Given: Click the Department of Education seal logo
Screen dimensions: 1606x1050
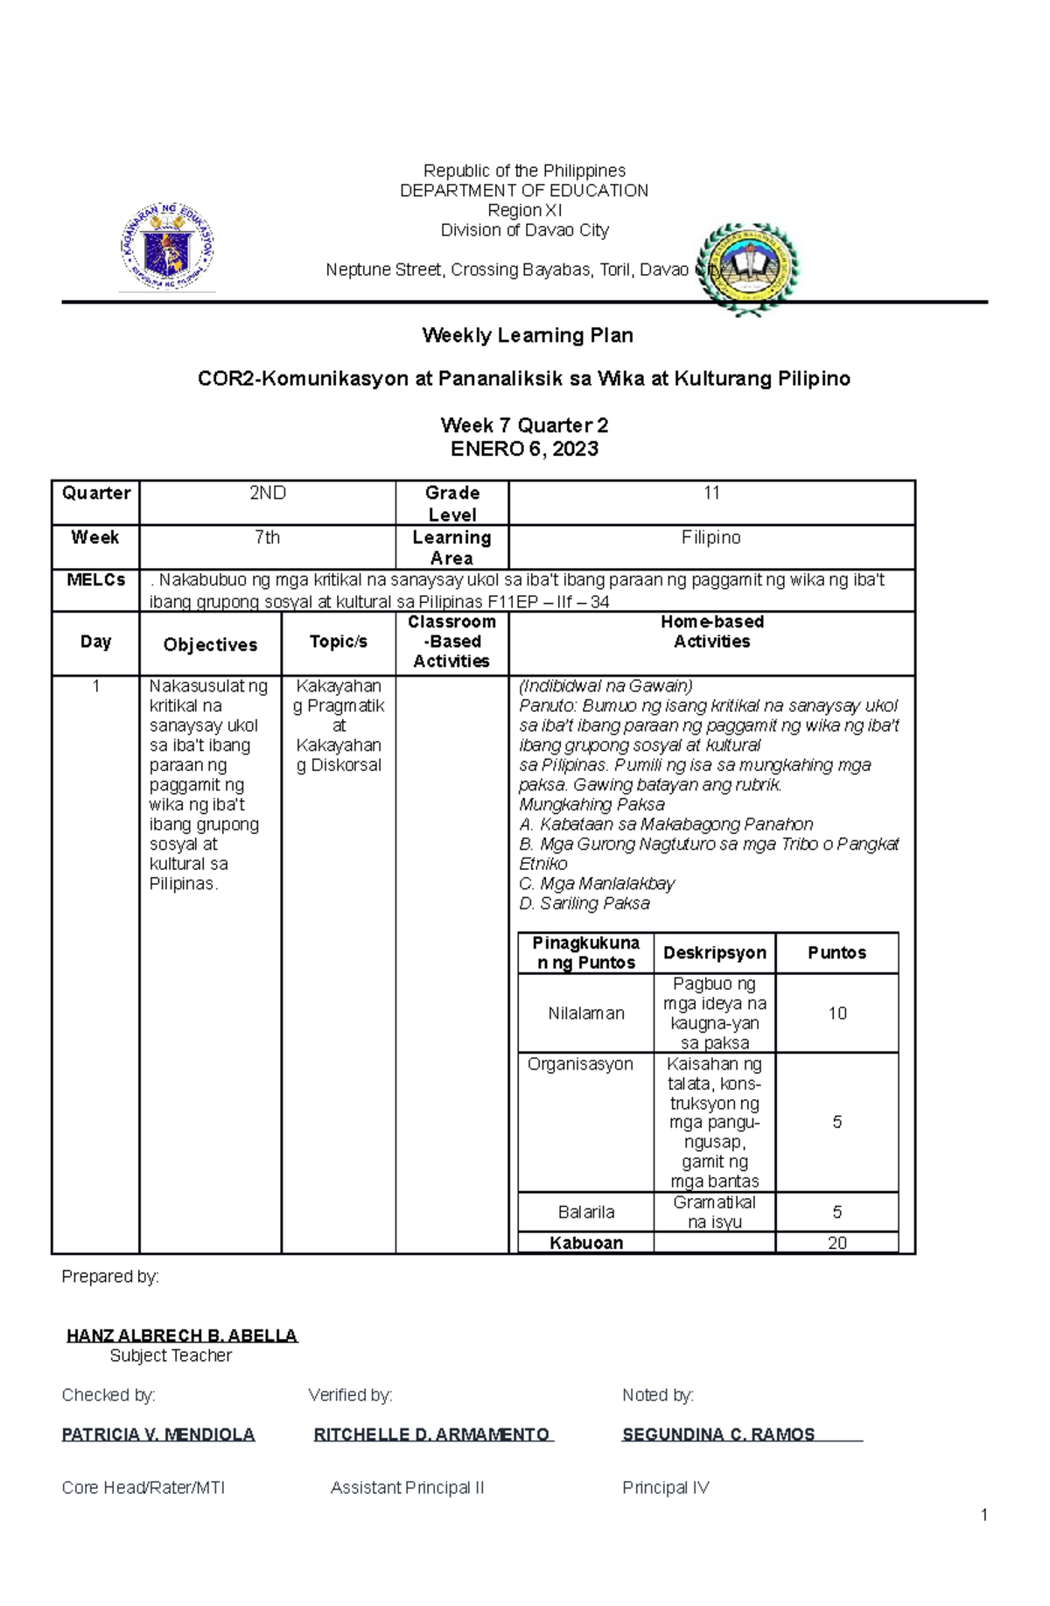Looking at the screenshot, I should pyautogui.click(x=167, y=248).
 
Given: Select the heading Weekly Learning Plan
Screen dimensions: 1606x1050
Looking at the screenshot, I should pyautogui.click(x=528, y=335).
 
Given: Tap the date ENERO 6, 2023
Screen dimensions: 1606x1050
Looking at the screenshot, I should pyautogui.click(x=524, y=449).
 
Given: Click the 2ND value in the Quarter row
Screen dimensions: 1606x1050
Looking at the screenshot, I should pyautogui.click(x=268, y=494).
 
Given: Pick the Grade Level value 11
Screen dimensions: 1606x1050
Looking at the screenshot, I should pyautogui.click(x=711, y=494).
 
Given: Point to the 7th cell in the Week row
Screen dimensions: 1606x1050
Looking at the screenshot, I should pyautogui.click(x=268, y=537).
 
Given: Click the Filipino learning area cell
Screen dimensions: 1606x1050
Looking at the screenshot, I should pyautogui.click(x=710, y=537).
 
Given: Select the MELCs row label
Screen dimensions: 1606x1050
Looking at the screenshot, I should pyautogui.click(x=96, y=580).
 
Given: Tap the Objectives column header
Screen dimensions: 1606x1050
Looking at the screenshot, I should pyautogui.click(x=210, y=645).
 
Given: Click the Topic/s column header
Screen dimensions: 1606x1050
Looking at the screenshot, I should pyautogui.click(x=339, y=642).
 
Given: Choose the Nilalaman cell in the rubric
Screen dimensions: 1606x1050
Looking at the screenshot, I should pyautogui.click(x=586, y=1013).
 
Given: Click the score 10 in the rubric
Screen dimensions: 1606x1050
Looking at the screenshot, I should pyautogui.click(x=837, y=1013).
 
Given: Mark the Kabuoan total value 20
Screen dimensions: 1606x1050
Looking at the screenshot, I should pyautogui.click(x=837, y=1243).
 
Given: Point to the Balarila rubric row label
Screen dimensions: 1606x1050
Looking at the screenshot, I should pyautogui.click(x=586, y=1212).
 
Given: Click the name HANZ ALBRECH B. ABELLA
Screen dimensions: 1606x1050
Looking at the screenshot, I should pyautogui.click(x=182, y=1336).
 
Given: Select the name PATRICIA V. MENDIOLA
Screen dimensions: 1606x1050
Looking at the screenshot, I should pyautogui.click(x=158, y=1434).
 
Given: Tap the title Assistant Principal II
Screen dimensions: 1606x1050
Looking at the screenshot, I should pyautogui.click(x=407, y=1488).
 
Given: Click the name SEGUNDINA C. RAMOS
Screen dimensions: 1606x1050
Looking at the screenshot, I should pyautogui.click(x=718, y=1434).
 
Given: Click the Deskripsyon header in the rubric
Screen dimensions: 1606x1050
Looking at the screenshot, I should pyautogui.click(x=714, y=953).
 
